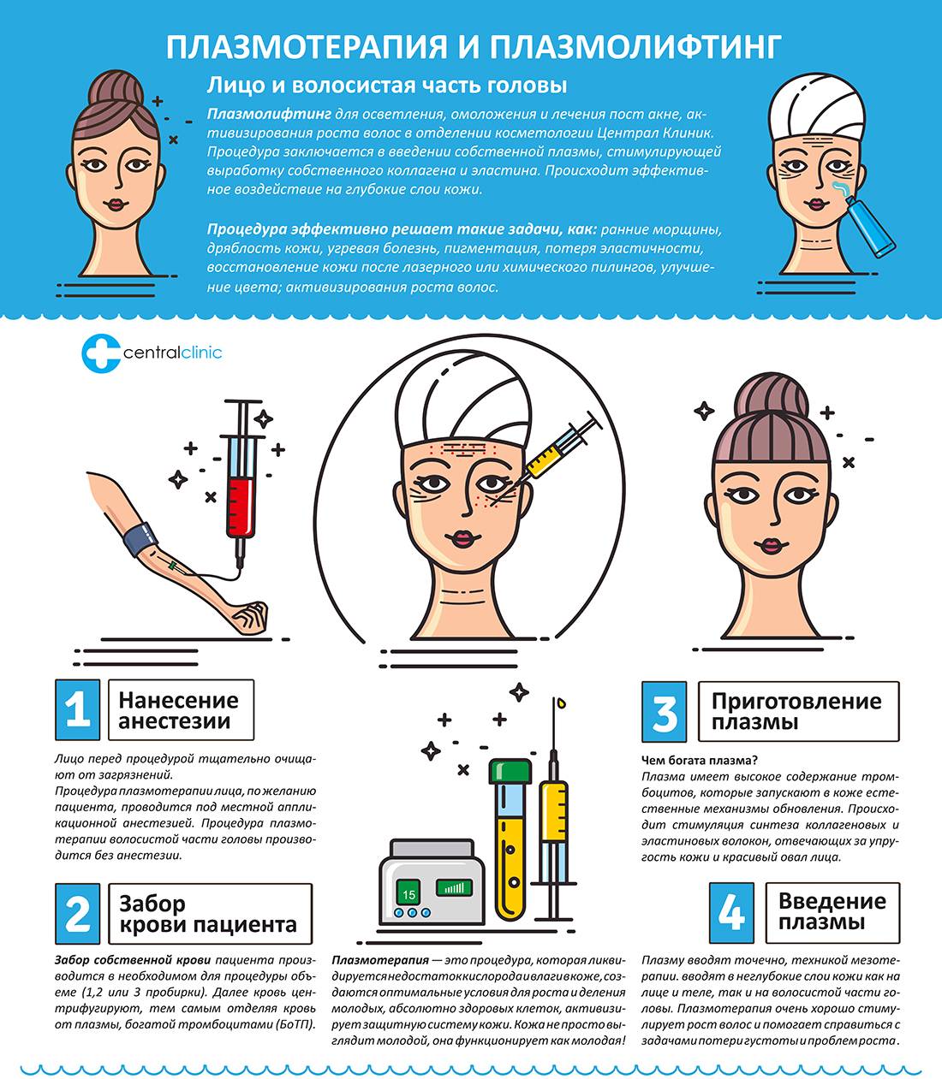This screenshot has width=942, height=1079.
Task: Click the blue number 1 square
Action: coord(78,710)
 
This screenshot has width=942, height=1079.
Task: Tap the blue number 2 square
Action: coord(78,914)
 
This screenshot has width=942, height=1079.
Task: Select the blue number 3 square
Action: coord(664,711)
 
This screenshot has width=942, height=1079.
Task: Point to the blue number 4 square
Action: coord(731,913)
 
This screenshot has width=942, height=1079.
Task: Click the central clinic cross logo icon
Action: coord(100,353)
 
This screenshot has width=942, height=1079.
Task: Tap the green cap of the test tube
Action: coord(510,771)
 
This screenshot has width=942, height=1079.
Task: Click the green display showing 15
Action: coord(408,894)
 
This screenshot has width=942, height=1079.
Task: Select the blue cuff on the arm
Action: coord(141,539)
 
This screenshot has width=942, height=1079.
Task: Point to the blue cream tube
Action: coord(870,226)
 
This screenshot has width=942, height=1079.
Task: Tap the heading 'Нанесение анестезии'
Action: coord(178,710)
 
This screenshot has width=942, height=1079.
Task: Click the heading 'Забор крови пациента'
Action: coord(208,914)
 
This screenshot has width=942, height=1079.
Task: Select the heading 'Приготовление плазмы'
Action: coord(796,711)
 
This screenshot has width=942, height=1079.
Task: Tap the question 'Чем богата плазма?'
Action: coord(700,760)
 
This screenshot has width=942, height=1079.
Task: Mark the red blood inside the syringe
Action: coord(240,507)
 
